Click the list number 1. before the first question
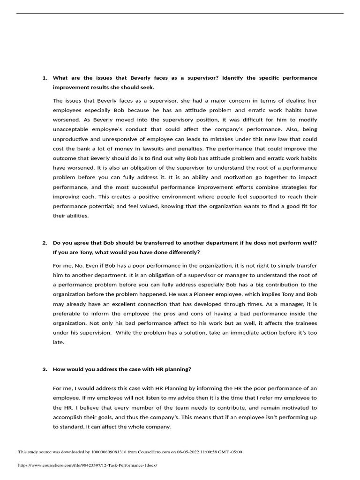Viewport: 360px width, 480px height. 45,78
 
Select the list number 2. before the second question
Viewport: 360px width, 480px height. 45,243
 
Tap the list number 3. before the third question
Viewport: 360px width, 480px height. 45,369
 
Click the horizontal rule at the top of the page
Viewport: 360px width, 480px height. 180,13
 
